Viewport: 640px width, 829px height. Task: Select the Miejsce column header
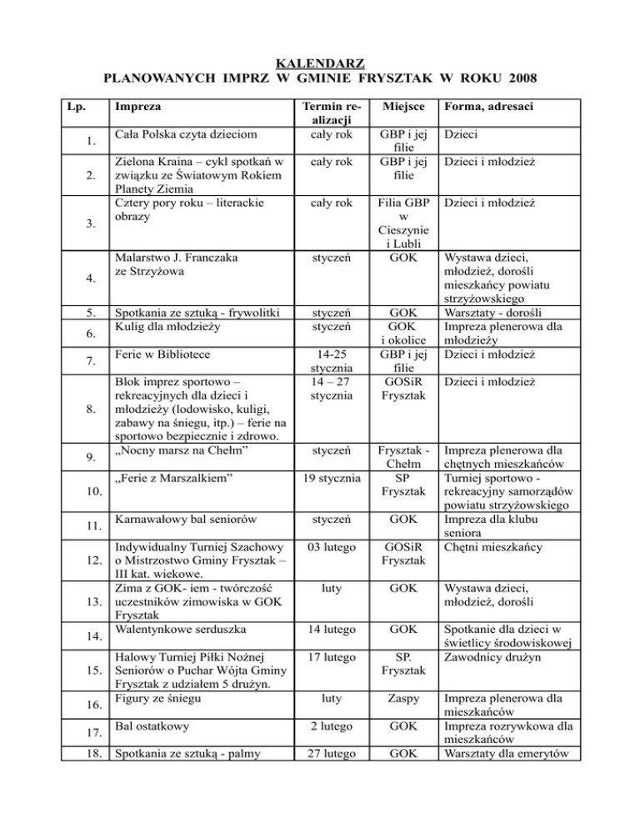(404, 107)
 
